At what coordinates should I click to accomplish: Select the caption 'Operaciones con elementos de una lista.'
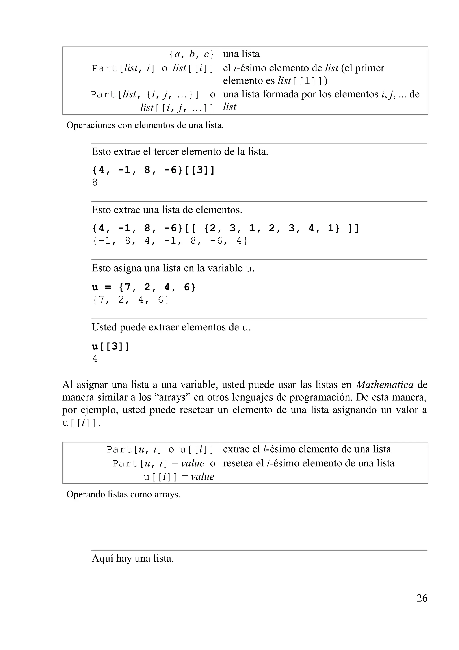tap(145, 125)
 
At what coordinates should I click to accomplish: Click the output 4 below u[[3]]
tap(95, 359)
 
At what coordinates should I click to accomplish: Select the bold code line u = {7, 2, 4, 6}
tap(143, 287)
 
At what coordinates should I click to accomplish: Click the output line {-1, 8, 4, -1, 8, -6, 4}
tap(170, 241)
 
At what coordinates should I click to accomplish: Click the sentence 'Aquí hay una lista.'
tap(132, 558)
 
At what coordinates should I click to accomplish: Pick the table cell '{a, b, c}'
tap(191, 54)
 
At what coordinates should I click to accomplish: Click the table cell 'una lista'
tap(241, 54)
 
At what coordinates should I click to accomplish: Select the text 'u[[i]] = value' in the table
tap(179, 477)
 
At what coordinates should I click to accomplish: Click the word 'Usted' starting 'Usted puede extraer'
tap(104, 327)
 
